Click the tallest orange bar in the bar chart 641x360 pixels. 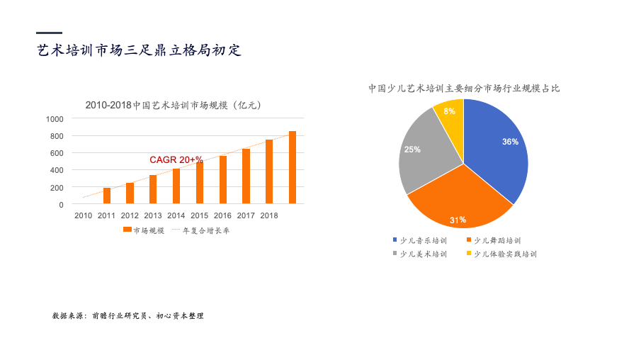coord(293,167)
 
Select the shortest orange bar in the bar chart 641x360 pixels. coord(107,196)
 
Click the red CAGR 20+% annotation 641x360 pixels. coord(176,159)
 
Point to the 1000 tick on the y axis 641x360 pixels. coord(55,119)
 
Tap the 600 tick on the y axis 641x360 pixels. coord(57,153)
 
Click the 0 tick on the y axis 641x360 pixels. coord(62,205)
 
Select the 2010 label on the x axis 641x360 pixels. coord(84,215)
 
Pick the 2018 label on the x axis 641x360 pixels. coord(269,215)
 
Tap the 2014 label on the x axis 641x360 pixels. coord(176,215)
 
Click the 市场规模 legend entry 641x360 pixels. coord(144,230)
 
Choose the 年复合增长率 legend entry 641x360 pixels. coord(200,230)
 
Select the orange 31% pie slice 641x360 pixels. coord(460,201)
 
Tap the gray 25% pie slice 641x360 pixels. coord(425,152)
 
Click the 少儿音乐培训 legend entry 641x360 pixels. coord(420,240)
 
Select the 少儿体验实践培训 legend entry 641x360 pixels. coord(501,254)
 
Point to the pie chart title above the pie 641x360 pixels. coord(464,89)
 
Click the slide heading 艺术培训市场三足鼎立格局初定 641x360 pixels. coord(139,50)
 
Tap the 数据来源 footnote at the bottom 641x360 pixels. coord(128,316)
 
